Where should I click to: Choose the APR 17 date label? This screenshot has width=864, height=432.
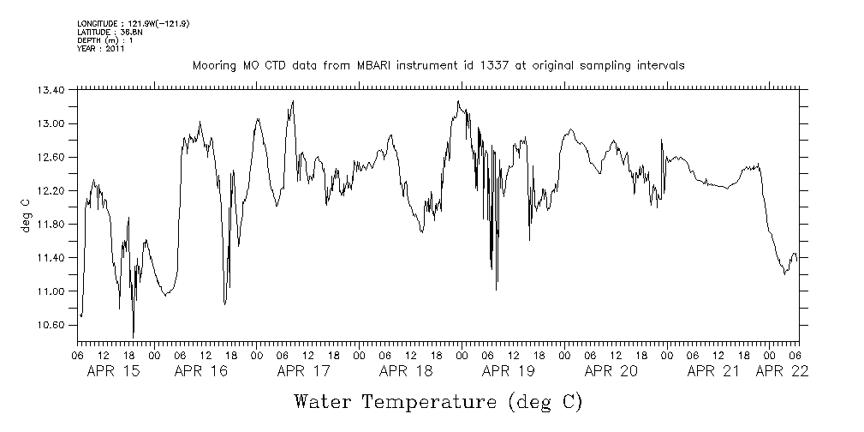(x=303, y=371)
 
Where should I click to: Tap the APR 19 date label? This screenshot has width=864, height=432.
(x=509, y=371)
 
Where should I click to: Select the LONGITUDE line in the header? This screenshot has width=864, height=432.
(x=133, y=24)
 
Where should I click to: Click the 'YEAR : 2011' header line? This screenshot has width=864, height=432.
(x=101, y=50)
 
